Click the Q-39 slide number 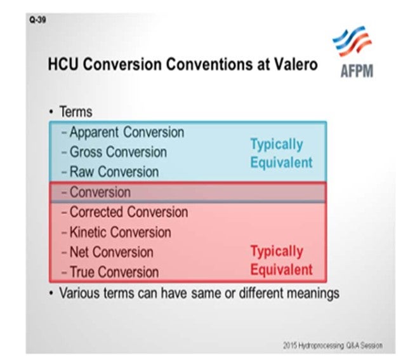[37, 20]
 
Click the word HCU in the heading [63, 64]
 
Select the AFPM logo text [357, 71]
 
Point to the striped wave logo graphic [352, 41]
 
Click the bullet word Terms [76, 112]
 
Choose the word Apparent [94, 133]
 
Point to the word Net [79, 252]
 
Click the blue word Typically [277, 145]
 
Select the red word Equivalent [282, 270]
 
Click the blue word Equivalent [282, 163]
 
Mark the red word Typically [277, 251]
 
